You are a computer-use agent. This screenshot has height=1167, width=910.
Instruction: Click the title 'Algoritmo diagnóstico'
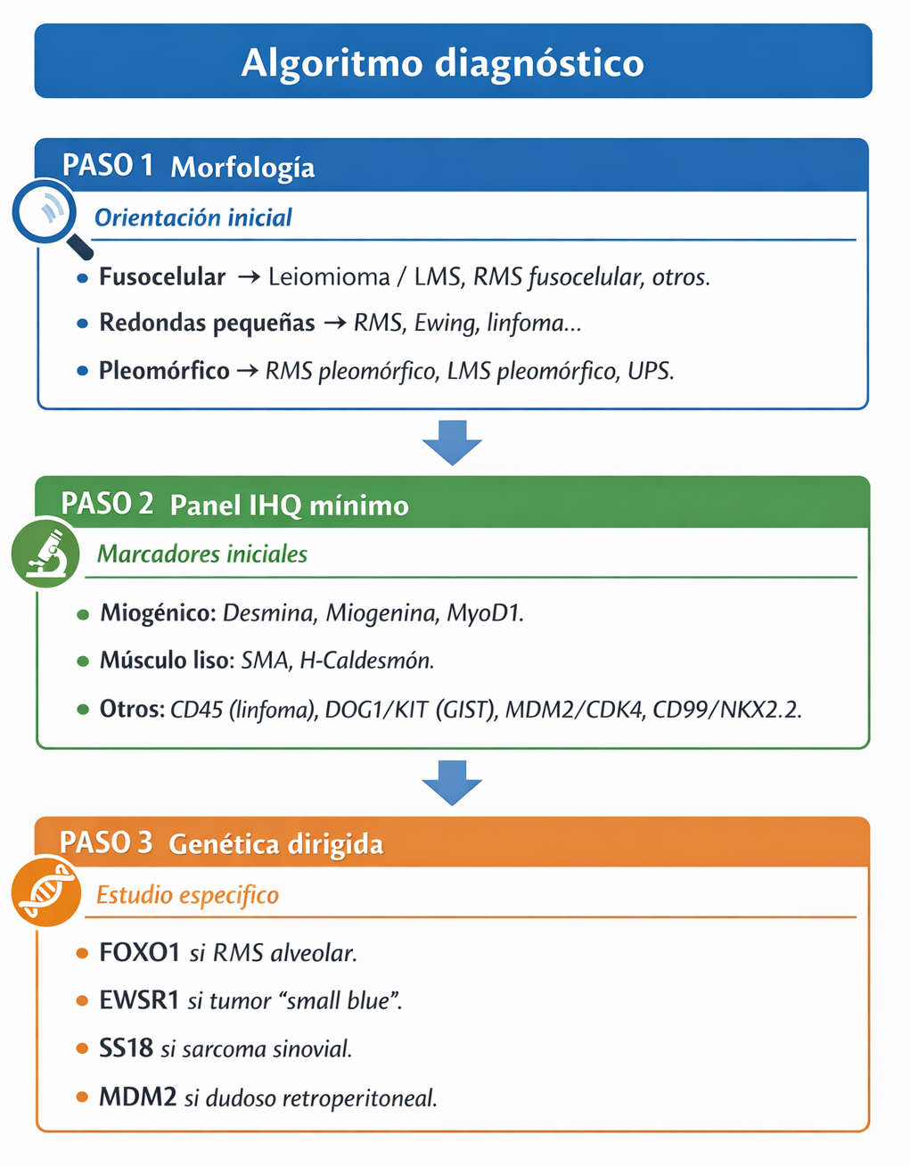tap(443, 63)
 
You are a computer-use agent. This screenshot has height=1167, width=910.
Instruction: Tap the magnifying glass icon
tap(47, 213)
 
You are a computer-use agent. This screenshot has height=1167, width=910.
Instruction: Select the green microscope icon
tap(45, 554)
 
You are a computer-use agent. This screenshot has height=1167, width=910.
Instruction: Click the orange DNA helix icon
tap(45, 892)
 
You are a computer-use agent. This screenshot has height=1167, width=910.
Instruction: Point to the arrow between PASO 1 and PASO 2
tap(452, 441)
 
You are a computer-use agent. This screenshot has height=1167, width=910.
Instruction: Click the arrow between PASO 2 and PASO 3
tap(452, 782)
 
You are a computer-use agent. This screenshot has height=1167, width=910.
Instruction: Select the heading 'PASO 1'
tap(108, 166)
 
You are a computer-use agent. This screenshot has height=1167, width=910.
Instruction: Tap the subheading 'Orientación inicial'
tap(193, 218)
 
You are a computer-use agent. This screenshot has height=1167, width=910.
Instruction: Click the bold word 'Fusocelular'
tap(162, 277)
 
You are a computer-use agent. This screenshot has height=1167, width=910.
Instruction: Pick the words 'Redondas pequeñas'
tap(207, 323)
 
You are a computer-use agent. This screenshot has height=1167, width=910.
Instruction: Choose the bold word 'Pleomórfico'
tap(164, 371)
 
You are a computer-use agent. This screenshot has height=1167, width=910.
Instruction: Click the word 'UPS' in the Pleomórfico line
tap(649, 371)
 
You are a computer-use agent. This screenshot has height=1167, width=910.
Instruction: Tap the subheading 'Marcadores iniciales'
tap(202, 555)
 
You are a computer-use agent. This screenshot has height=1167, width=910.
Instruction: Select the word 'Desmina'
tap(268, 613)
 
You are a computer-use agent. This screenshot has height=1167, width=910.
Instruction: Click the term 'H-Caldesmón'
tap(366, 661)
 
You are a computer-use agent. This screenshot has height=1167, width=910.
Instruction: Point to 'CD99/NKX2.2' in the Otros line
tap(726, 710)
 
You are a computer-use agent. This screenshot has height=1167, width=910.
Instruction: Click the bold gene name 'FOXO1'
tap(140, 953)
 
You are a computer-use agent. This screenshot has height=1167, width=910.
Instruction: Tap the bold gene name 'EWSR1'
tap(139, 1000)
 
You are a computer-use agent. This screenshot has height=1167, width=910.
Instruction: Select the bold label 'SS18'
tap(126, 1048)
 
